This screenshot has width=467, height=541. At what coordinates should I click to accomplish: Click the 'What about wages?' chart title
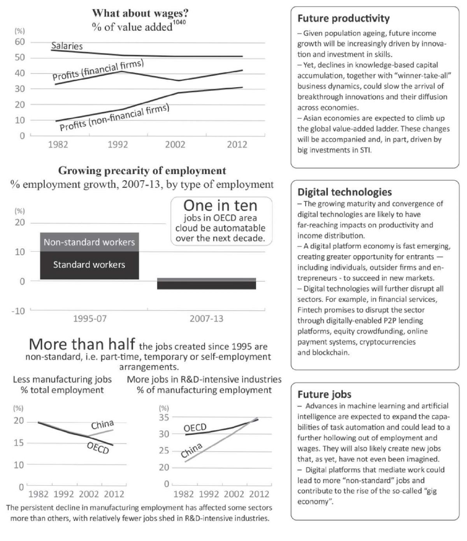[x=140, y=13]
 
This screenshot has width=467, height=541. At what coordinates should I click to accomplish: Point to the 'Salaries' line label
[x=67, y=46]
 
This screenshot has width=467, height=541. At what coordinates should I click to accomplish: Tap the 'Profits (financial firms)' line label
[x=98, y=70]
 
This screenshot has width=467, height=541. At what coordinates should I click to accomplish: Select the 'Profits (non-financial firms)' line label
[x=114, y=118]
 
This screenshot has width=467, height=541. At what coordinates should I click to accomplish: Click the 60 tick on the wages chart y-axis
[x=19, y=42]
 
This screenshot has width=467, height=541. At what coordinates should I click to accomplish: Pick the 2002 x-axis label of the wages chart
[x=175, y=144]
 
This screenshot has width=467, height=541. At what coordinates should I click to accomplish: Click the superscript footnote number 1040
[x=179, y=22]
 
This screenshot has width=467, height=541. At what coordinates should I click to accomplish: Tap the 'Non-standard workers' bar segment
[x=89, y=242]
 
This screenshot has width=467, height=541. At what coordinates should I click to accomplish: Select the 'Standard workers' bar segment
[x=89, y=265]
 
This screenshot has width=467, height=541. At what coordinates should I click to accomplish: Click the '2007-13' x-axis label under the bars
[x=206, y=318]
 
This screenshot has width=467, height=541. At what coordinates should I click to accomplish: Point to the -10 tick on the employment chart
[x=18, y=311]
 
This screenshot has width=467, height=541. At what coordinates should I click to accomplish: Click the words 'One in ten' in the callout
[x=220, y=206]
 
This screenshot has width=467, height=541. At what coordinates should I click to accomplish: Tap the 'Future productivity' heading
[x=344, y=19]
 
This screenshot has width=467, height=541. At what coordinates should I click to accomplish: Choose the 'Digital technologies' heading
[x=344, y=192]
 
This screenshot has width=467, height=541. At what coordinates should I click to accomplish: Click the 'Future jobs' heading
[x=324, y=394]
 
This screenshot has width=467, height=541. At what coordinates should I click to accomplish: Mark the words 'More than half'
[x=82, y=344]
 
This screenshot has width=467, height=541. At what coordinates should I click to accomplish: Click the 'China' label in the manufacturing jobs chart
[x=102, y=425]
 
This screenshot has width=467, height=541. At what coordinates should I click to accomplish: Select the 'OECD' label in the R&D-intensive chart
[x=195, y=428]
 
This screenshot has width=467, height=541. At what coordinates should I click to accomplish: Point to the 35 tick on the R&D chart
[x=164, y=418]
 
